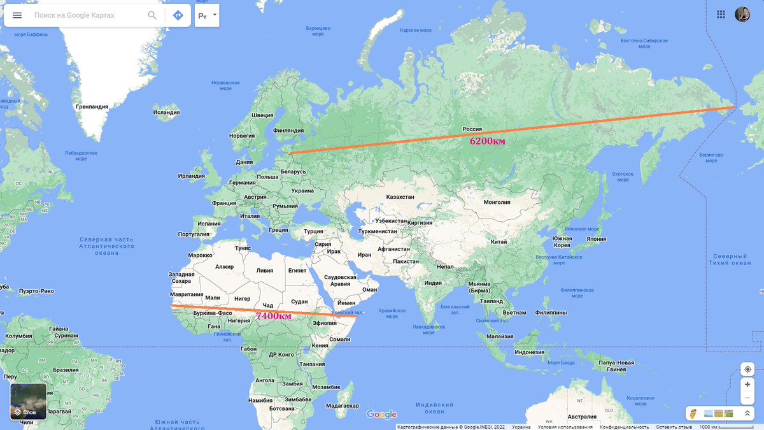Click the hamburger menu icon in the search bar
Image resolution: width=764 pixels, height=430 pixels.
coord(17,15)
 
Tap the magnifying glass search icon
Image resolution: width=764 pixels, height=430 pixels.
coord(152,15)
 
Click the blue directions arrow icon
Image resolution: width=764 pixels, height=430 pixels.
coord(178,15)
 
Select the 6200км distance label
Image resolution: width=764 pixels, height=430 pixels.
coord(488,141)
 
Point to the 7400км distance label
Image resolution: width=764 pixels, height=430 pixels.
coord(274,316)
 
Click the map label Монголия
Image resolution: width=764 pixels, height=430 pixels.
coord(497,203)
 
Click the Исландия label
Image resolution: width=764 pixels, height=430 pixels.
coord(166,113)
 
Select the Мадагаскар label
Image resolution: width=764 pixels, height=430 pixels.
coord(342,406)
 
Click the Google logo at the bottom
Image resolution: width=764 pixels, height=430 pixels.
coord(381,415)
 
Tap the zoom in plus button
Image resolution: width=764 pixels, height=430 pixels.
coord(747,384)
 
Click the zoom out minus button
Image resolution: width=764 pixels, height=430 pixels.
coord(747,399)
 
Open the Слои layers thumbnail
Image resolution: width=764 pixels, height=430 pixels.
coord(29,401)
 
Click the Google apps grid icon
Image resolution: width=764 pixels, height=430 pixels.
coord(721,15)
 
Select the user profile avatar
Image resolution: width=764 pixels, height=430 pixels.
coord(742,15)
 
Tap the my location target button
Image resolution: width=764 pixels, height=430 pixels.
coord(747,369)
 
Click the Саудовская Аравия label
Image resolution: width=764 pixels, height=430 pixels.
coord(341,281)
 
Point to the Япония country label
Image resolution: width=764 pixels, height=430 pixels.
coord(597,239)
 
